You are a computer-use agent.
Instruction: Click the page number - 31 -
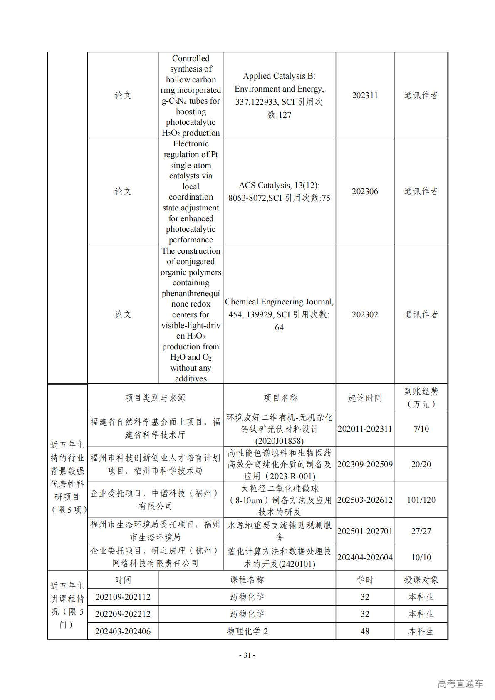247,655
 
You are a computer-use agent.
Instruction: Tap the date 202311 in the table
365,95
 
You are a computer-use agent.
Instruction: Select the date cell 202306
365,191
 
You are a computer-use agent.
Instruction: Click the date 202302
365,314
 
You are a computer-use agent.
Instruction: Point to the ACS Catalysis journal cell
279,191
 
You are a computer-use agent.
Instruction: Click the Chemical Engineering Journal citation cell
279,314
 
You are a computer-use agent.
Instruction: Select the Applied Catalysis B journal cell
279,95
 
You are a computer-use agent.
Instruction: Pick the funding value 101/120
421,500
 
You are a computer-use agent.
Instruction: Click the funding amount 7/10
421,429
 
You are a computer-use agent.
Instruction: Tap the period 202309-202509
365,464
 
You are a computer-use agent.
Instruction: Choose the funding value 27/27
421,531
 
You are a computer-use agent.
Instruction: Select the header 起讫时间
365,398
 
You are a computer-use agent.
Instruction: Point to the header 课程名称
247,579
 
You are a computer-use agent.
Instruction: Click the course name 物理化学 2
247,631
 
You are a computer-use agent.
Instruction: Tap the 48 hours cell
365,631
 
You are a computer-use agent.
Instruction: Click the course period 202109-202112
123,597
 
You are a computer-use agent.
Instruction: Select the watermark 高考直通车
460,683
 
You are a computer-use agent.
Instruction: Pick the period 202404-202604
365,557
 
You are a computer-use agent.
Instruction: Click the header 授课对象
421,579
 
